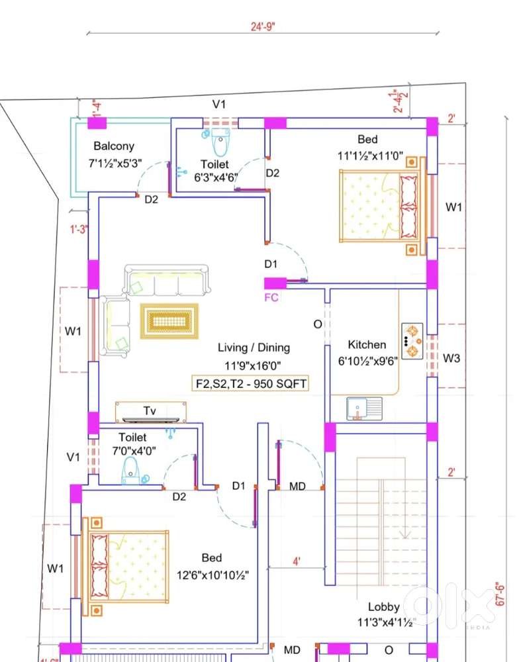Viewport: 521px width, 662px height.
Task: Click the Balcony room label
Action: click(x=114, y=146)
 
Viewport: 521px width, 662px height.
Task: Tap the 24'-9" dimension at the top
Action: click(x=263, y=26)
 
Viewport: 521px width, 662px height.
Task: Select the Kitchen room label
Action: click(x=367, y=344)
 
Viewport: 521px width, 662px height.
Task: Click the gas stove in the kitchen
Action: click(x=412, y=341)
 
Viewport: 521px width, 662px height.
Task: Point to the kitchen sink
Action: click(x=364, y=408)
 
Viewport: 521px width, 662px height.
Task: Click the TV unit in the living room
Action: click(x=151, y=412)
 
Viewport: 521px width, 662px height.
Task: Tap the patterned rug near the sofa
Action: click(x=169, y=321)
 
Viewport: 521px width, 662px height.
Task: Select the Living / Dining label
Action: click(x=254, y=348)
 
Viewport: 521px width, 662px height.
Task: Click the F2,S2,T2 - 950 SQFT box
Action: click(x=250, y=384)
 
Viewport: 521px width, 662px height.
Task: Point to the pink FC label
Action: click(x=271, y=297)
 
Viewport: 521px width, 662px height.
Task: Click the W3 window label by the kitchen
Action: click(x=451, y=358)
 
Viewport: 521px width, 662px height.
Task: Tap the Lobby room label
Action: click(x=383, y=606)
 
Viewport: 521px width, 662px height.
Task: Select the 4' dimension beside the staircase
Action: click(x=297, y=561)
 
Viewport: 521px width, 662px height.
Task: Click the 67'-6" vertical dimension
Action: click(x=500, y=594)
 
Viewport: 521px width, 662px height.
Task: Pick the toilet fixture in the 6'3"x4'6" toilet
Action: click(x=220, y=142)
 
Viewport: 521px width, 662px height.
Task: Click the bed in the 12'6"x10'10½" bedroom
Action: click(x=125, y=567)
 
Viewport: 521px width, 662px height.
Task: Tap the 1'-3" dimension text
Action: click(x=79, y=229)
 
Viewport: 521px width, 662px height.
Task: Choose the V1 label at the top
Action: click(x=218, y=104)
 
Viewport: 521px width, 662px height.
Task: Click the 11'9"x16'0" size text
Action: click(x=252, y=365)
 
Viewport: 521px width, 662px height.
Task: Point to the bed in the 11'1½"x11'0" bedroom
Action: click(x=383, y=206)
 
